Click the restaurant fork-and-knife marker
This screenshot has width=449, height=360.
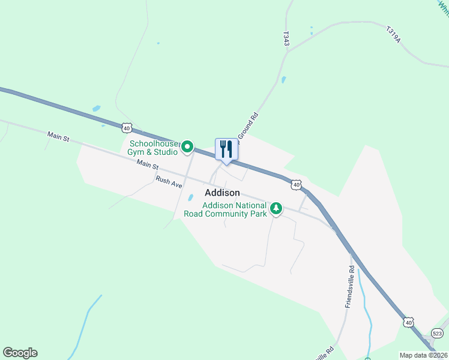pos(226,149)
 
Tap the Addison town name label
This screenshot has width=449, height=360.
pos(222,193)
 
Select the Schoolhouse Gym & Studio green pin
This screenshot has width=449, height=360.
pos(187,146)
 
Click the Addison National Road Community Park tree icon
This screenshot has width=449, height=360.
pos(276,209)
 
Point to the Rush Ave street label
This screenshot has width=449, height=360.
pos(169,182)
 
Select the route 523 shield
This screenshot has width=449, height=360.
pos(437,334)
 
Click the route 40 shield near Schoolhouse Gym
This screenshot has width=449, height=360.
pos(126,127)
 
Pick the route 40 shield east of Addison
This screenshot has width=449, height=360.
pos(297,185)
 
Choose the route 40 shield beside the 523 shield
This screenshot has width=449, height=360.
pos(408,322)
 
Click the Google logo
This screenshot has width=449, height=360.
pos(20,353)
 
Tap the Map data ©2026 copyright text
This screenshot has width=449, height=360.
pos(423,355)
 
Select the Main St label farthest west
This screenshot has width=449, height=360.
pos(58,137)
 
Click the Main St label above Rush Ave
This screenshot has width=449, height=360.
pos(147,164)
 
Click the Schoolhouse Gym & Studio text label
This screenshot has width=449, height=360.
pos(154,148)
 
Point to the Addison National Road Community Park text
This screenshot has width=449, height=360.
pos(234,209)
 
